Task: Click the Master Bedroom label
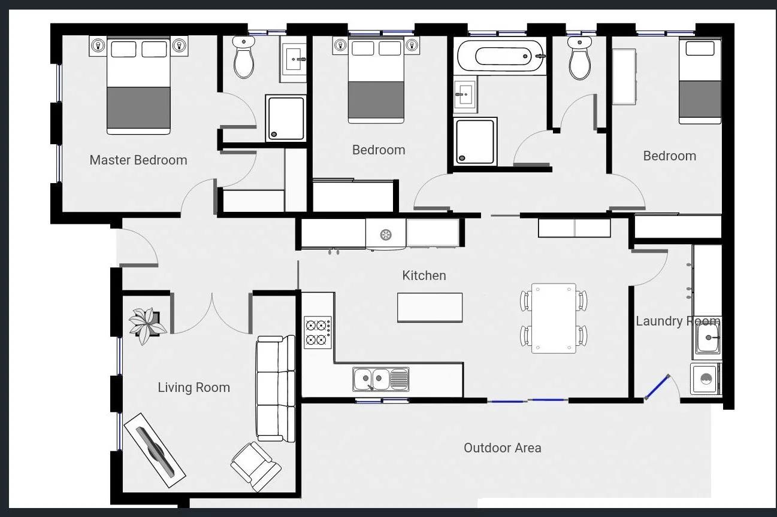click(138, 160)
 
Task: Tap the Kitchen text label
click(424, 275)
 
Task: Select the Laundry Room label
click(677, 321)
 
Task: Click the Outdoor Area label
click(502, 448)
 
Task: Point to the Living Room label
click(194, 387)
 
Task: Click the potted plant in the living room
click(146, 325)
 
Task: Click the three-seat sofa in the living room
click(276, 388)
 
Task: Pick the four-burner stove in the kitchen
click(316, 333)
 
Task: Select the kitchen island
click(430, 308)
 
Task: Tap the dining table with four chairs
click(554, 318)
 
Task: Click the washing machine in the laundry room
click(705, 379)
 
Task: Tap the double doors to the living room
click(211, 314)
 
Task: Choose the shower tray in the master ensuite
click(286, 118)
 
